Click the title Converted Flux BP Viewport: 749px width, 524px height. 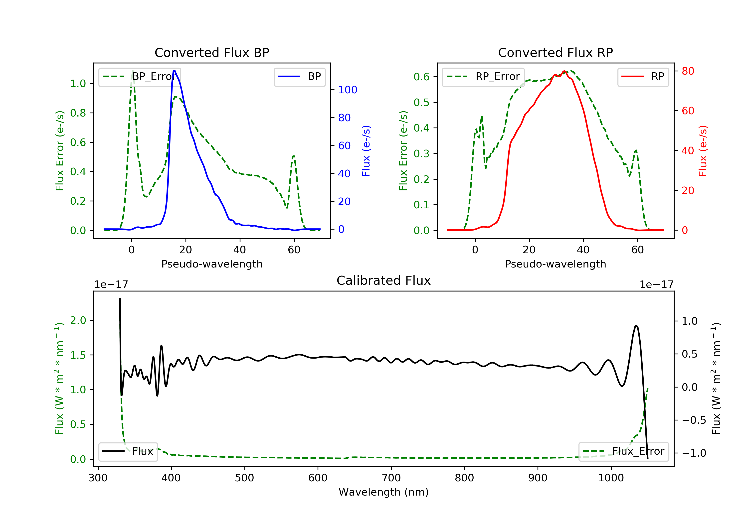pyautogui.click(x=212, y=52)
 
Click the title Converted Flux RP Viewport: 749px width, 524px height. pyautogui.click(x=555, y=52)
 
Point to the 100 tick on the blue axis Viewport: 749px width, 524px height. pyautogui.click(x=348, y=90)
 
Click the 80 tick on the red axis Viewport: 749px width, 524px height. pyautogui.click(x=688, y=71)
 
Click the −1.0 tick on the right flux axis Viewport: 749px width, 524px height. pyautogui.click(x=694, y=453)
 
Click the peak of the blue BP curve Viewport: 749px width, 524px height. pyautogui.click(x=174, y=71)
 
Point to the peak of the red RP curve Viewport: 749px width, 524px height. pyautogui.click(x=564, y=71)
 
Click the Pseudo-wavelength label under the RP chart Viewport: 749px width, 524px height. pyautogui.click(x=555, y=264)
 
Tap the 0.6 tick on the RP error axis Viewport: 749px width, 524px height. pyautogui.click(x=421, y=77)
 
